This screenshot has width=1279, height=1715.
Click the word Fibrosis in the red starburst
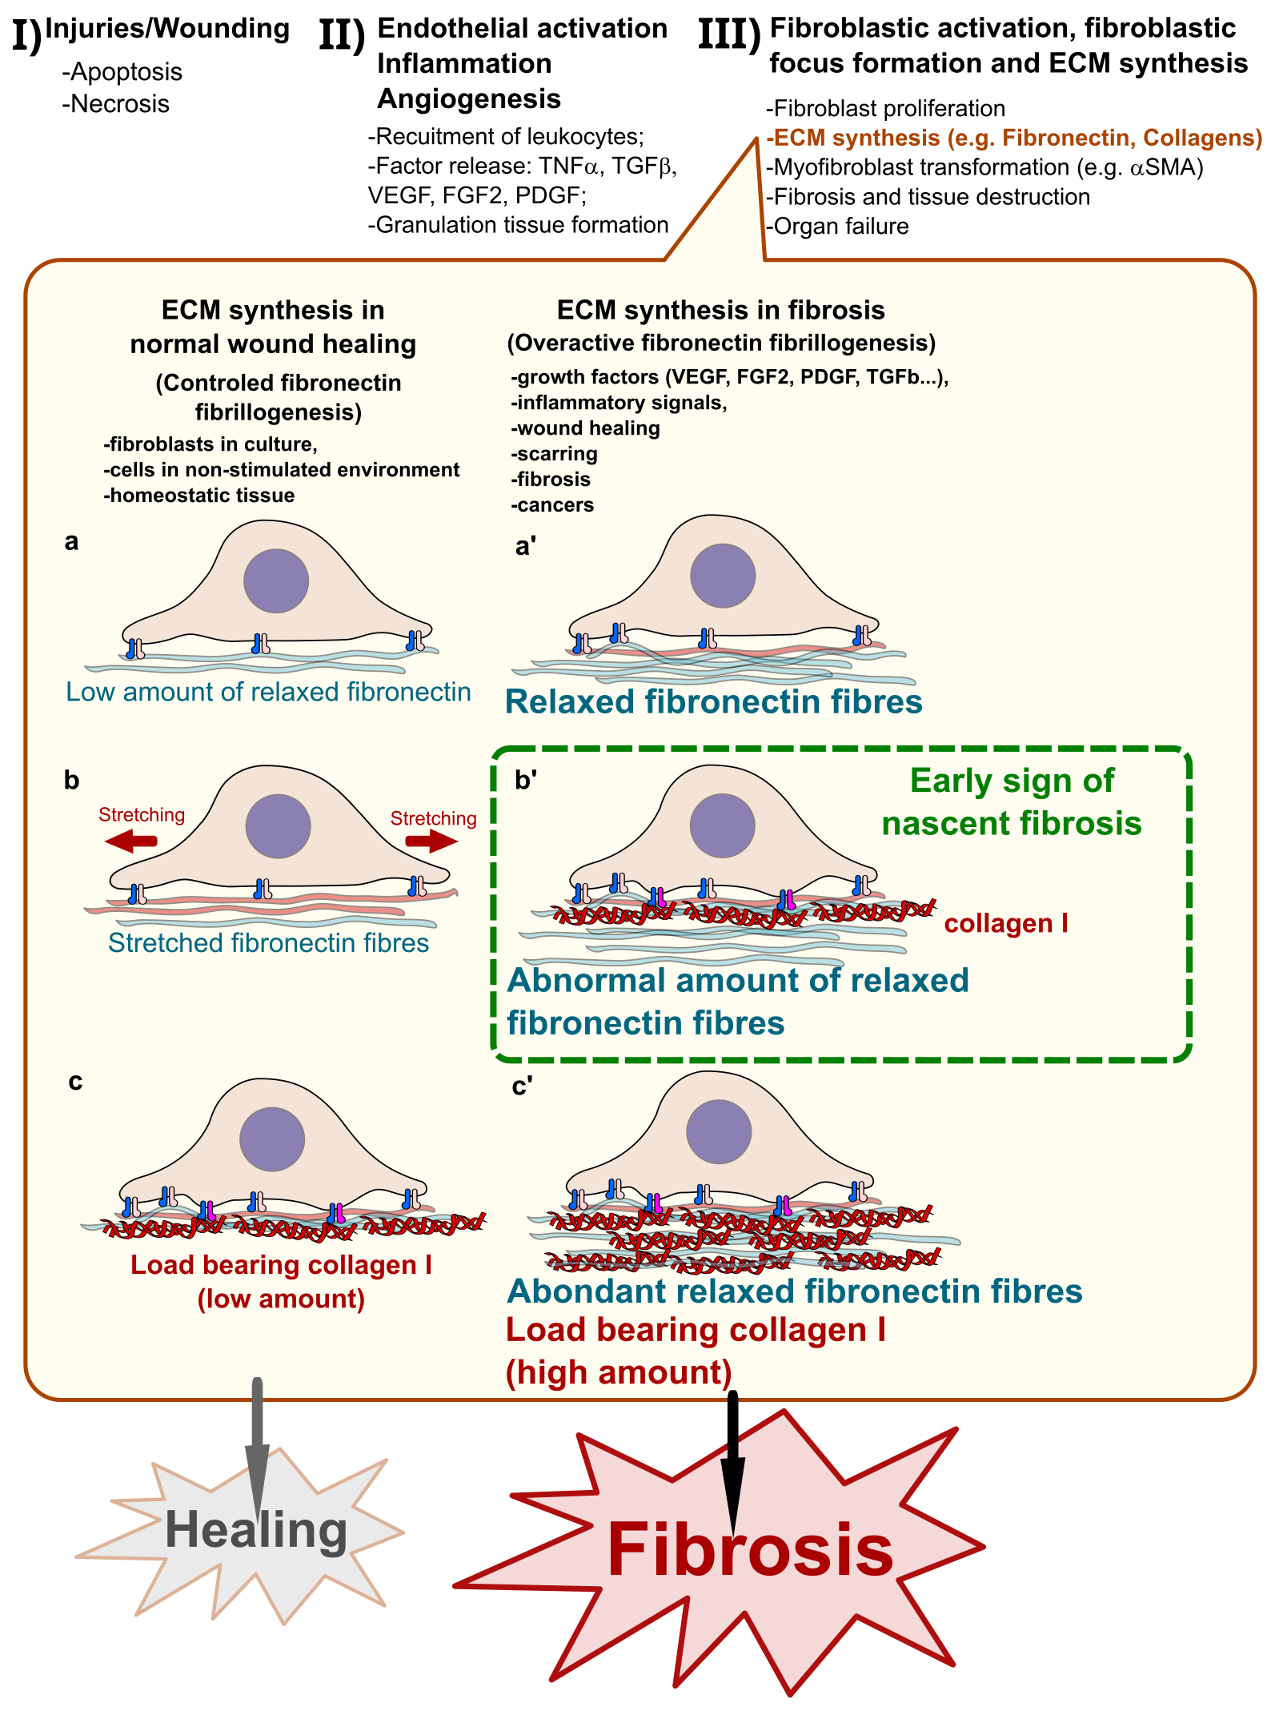click(x=750, y=1550)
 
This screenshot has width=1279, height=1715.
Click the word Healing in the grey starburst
click(x=256, y=1530)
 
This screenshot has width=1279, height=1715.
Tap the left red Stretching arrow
click(x=130, y=841)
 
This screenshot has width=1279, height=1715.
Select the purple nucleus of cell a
click(x=276, y=580)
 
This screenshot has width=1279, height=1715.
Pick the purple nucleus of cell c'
click(x=719, y=1131)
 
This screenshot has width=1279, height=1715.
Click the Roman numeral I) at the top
click(x=26, y=36)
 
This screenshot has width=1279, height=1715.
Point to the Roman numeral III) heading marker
click(x=729, y=36)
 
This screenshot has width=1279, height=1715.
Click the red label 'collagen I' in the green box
click(x=1006, y=923)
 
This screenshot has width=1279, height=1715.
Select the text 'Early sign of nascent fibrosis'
click(x=1012, y=802)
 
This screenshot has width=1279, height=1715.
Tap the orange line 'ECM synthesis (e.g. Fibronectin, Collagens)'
click(x=1014, y=138)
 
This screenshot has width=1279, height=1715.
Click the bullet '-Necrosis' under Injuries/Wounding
click(x=116, y=104)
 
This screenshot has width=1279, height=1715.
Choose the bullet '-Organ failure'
click(x=837, y=227)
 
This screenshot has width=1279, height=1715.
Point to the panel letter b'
click(x=525, y=780)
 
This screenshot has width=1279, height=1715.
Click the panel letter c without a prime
click(x=75, y=1082)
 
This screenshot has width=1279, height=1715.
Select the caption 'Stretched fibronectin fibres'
click(x=268, y=943)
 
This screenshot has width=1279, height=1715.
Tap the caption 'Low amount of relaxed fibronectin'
click(x=268, y=692)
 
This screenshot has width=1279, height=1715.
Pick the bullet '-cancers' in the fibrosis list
click(x=552, y=505)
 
